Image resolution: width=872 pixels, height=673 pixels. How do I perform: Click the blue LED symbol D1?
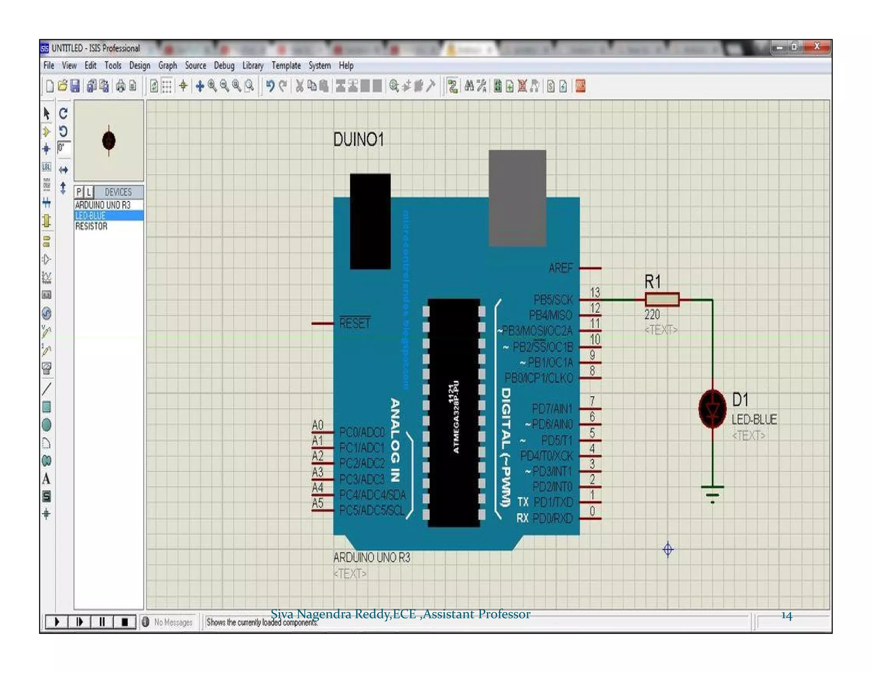point(712,409)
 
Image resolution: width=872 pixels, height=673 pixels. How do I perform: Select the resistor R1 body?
point(662,299)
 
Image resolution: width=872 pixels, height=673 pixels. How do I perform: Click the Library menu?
point(252,66)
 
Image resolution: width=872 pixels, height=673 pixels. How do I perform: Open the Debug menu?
point(224,66)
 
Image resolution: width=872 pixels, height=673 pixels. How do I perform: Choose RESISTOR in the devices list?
point(91,226)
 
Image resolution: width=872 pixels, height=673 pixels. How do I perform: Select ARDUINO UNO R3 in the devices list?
point(103,205)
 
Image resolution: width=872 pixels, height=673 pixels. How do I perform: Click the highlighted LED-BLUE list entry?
point(90,216)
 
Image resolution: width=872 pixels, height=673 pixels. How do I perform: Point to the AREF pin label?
point(560,268)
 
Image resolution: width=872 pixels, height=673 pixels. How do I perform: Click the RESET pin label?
point(355,323)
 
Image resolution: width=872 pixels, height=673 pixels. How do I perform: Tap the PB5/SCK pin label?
point(553,300)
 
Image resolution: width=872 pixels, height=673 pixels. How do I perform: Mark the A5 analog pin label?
point(318,503)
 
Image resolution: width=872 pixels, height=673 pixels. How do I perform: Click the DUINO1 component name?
point(358,140)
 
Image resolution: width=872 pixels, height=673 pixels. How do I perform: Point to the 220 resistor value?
point(652,315)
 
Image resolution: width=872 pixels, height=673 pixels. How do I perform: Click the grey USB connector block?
point(517,198)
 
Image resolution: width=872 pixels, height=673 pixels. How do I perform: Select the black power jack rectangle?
point(370,221)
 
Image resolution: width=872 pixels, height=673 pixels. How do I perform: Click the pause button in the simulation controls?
point(102,622)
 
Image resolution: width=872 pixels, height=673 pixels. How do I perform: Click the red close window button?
point(817,47)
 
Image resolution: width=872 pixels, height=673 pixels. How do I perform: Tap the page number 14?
point(786,616)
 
